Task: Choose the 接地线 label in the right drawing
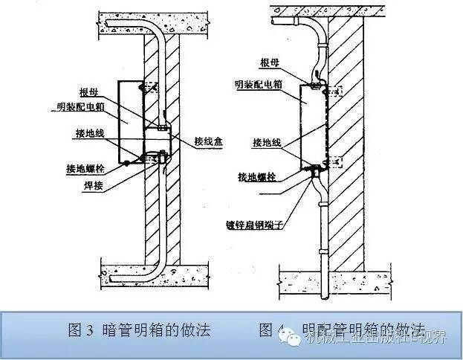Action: tap(267, 140)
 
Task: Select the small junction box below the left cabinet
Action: tap(158, 142)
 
